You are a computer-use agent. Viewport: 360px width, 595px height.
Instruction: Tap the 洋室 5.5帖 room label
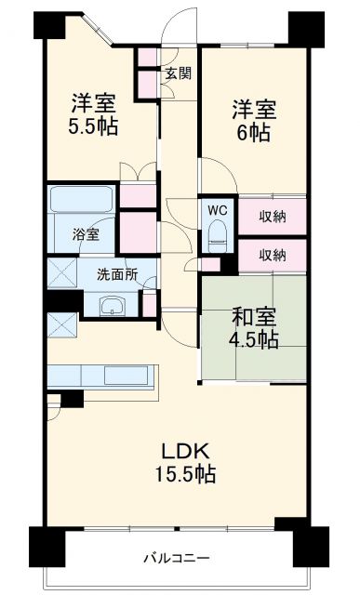tap(92, 112)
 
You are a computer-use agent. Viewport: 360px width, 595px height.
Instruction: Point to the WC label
tap(218, 209)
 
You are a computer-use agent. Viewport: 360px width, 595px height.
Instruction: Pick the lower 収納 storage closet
tap(273, 255)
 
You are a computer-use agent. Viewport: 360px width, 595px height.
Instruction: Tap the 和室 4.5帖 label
tap(255, 328)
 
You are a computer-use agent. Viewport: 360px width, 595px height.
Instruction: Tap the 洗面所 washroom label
tap(118, 275)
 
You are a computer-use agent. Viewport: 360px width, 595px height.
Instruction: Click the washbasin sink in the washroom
tap(113, 307)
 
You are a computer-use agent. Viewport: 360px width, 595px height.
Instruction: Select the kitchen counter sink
tap(122, 375)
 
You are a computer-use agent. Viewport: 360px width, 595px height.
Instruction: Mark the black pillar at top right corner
tap(310, 29)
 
